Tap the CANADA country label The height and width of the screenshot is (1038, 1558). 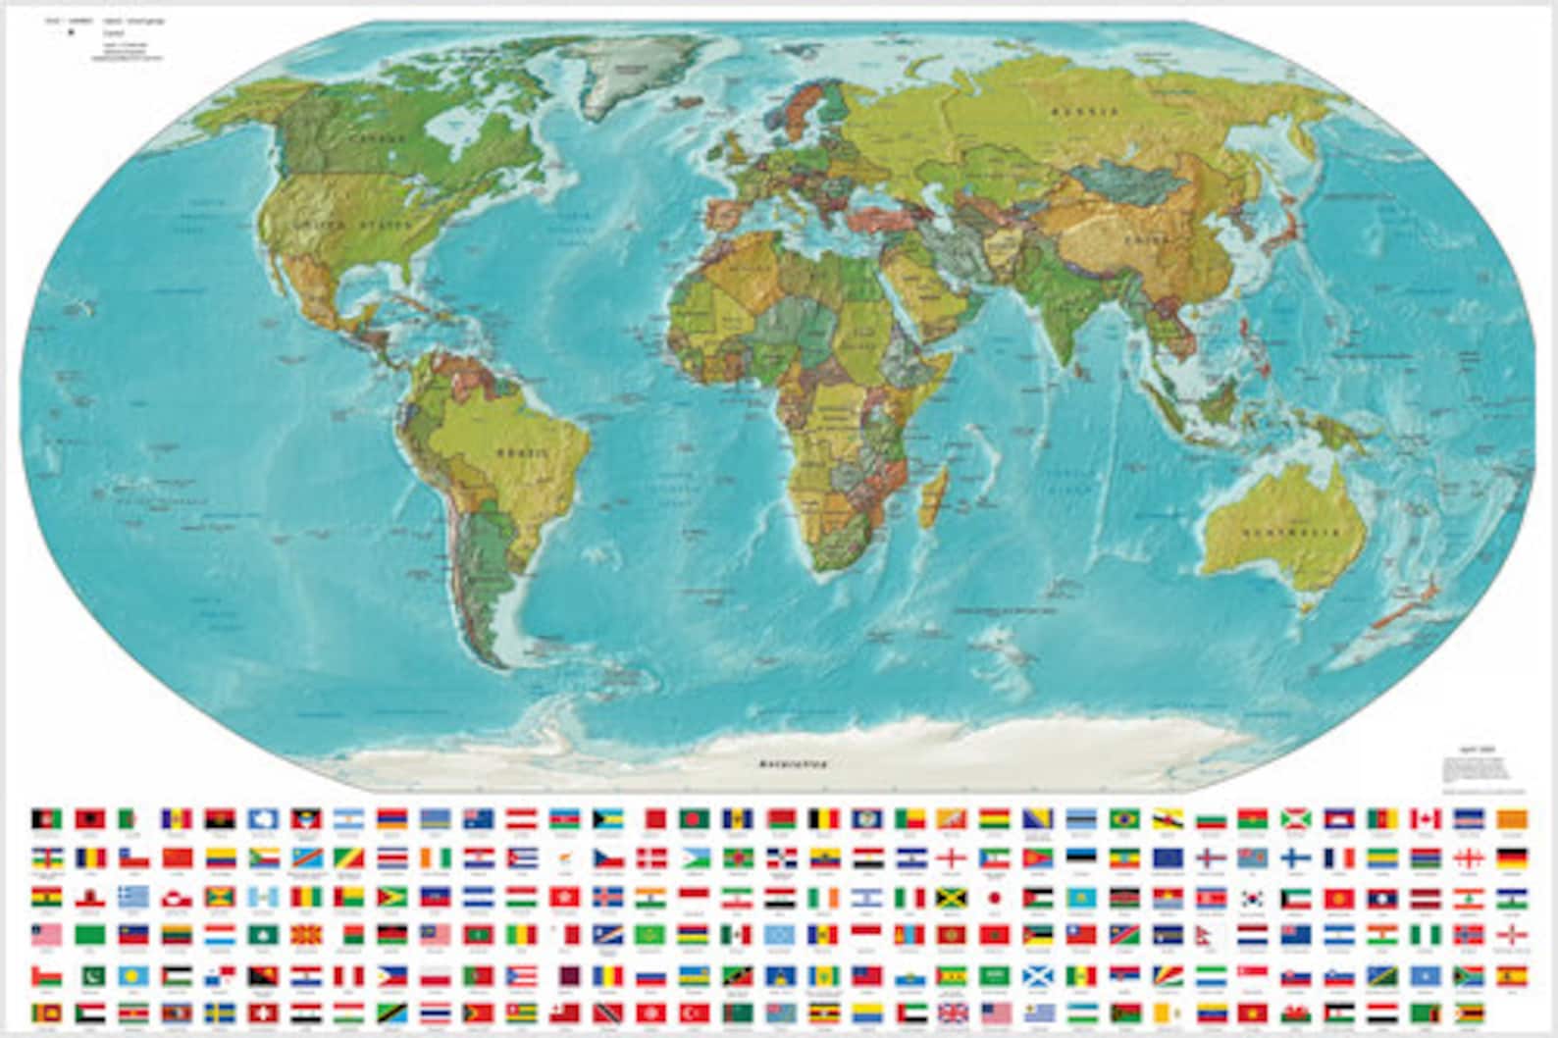(x=362, y=138)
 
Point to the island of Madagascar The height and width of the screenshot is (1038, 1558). (x=935, y=494)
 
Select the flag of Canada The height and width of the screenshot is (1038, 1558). (x=1426, y=818)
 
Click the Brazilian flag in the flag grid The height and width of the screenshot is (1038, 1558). (x=1124, y=818)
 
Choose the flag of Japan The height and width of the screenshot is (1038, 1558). (x=995, y=897)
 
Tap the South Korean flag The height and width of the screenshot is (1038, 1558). (x=1252, y=897)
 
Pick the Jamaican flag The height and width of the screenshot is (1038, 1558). (x=953, y=897)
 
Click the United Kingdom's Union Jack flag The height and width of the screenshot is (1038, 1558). (x=953, y=1012)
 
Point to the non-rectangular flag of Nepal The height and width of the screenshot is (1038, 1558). (x=1210, y=934)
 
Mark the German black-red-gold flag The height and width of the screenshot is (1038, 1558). (x=1511, y=856)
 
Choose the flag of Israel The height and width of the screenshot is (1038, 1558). (x=866, y=897)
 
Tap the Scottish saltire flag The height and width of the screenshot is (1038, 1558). (x=1038, y=974)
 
